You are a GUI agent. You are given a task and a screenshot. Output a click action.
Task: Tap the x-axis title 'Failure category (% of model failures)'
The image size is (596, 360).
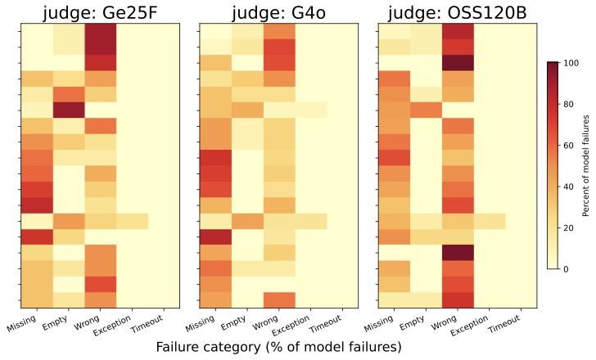point(278,347)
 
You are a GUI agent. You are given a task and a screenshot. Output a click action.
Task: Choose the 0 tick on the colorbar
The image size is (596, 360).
point(567,268)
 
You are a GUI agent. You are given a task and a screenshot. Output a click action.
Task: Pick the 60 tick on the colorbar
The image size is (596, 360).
point(570,145)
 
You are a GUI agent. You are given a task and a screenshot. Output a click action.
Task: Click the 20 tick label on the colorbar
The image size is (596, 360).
point(570,227)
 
